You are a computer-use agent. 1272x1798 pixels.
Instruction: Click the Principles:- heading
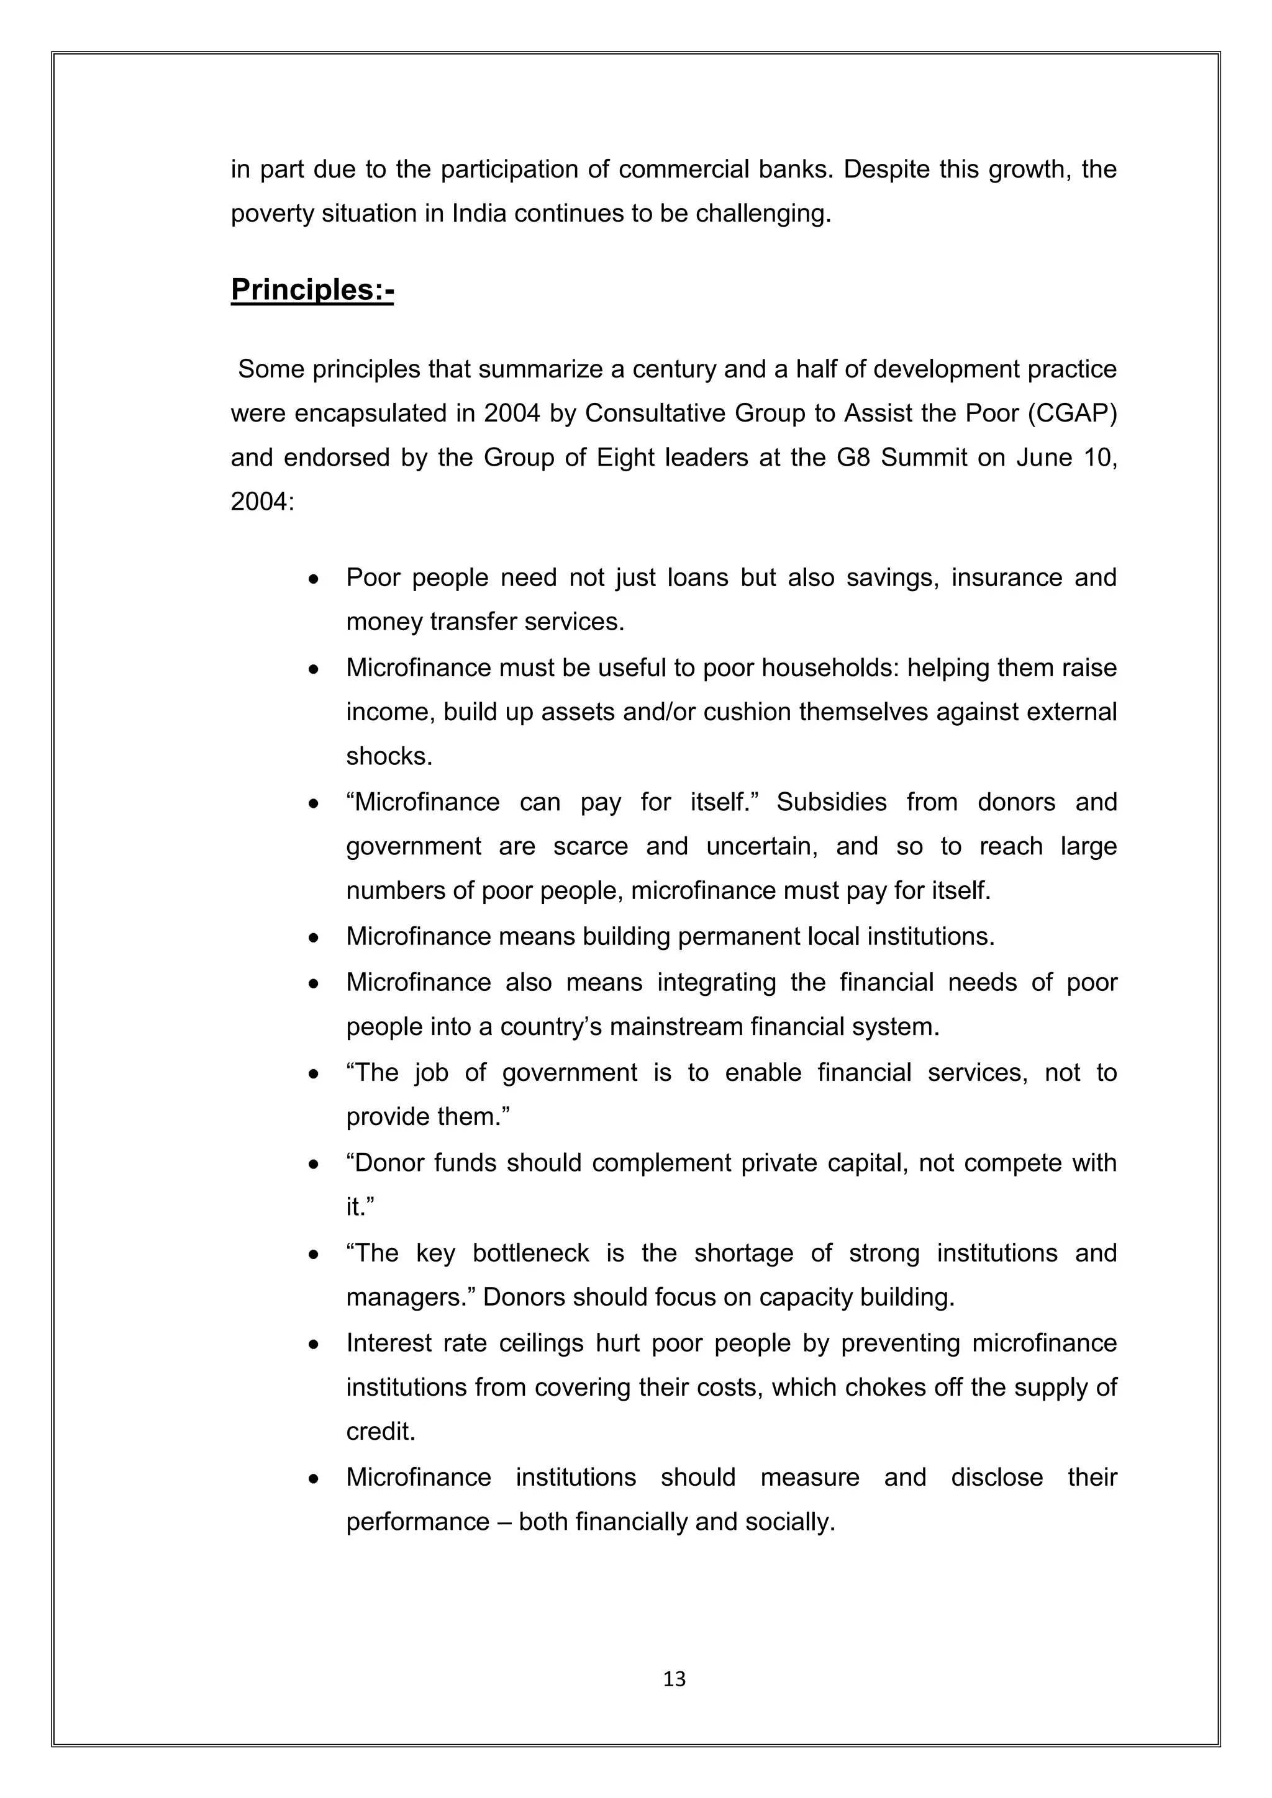pyautogui.click(x=312, y=291)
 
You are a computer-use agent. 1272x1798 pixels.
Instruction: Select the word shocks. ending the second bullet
pyautogui.click(x=388, y=756)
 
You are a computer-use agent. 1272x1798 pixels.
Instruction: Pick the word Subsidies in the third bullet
pyautogui.click(x=831, y=803)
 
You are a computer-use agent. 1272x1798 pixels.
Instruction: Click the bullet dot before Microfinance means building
pyautogui.click(x=313, y=938)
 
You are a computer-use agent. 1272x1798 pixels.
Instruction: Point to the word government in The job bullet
pyautogui.click(x=570, y=1072)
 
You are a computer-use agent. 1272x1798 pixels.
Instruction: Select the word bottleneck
pyautogui.click(x=530, y=1253)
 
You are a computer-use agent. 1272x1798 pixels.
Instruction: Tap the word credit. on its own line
pyautogui.click(x=381, y=1432)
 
